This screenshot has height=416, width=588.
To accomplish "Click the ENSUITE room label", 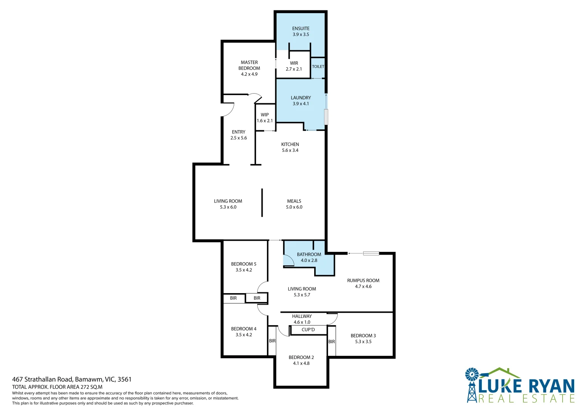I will (301, 29).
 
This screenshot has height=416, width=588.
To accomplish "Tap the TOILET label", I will (318, 67).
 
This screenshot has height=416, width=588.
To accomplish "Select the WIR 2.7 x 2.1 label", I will (294, 66).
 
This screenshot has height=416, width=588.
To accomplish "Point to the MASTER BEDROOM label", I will (249, 65).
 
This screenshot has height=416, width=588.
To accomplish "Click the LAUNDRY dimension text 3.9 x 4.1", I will (301, 104).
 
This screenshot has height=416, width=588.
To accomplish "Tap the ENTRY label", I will (238, 132).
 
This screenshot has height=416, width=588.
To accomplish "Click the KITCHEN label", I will (290, 144).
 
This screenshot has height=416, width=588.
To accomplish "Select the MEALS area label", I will (294, 201).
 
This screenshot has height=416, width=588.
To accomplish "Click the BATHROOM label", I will (309, 255).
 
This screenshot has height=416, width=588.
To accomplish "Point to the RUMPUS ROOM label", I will (363, 280).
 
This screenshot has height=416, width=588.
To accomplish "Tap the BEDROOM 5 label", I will (243, 264).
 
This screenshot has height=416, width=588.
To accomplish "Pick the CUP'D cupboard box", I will (308, 330).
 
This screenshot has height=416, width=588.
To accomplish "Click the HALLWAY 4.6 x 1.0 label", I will (302, 319).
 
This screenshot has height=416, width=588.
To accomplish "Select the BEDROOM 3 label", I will (363, 336).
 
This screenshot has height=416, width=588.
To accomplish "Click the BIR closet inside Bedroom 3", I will (332, 342).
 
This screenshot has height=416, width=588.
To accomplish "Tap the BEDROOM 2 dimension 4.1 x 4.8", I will (301, 363).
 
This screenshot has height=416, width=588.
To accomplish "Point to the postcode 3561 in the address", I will (124, 379).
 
